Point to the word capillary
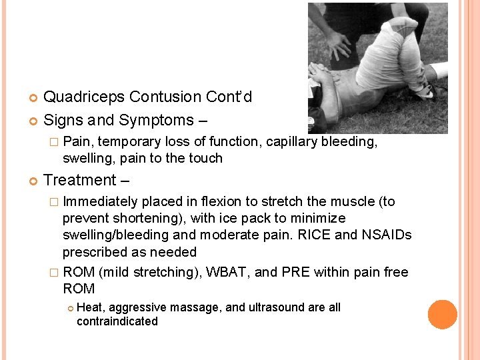(x=291, y=141)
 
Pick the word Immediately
(x=100, y=201)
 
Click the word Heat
(x=91, y=307)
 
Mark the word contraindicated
(x=117, y=321)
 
